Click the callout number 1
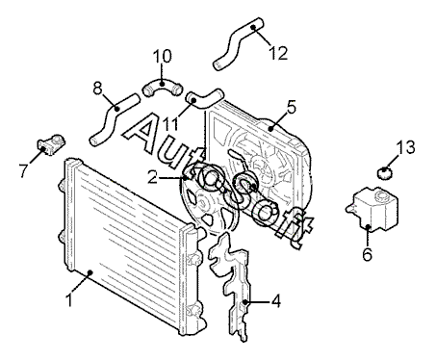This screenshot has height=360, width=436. coord(68,300)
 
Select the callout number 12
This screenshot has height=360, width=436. coord(278,53)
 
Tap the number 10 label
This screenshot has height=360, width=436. coord(162,57)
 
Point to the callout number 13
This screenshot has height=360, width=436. coord(405,147)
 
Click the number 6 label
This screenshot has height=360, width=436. coord(367,254)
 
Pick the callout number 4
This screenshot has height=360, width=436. coord(276,301)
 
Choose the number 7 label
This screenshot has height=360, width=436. coord(23,170)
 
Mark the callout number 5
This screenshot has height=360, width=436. coord(292,107)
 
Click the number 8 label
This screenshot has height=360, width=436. coord(97,89)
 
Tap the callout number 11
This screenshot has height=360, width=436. coord(169,124)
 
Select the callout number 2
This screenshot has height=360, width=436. coord(153,177)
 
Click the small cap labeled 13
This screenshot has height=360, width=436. coord(384,173)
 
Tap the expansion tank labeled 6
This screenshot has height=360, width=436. coord(372,209)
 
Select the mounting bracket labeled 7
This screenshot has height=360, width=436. coord(51,144)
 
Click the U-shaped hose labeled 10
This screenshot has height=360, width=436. coord(162,86)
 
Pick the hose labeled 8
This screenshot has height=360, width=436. coord(113,117)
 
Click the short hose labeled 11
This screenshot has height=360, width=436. coord(205,98)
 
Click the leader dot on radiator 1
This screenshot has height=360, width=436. coord(90,272)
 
